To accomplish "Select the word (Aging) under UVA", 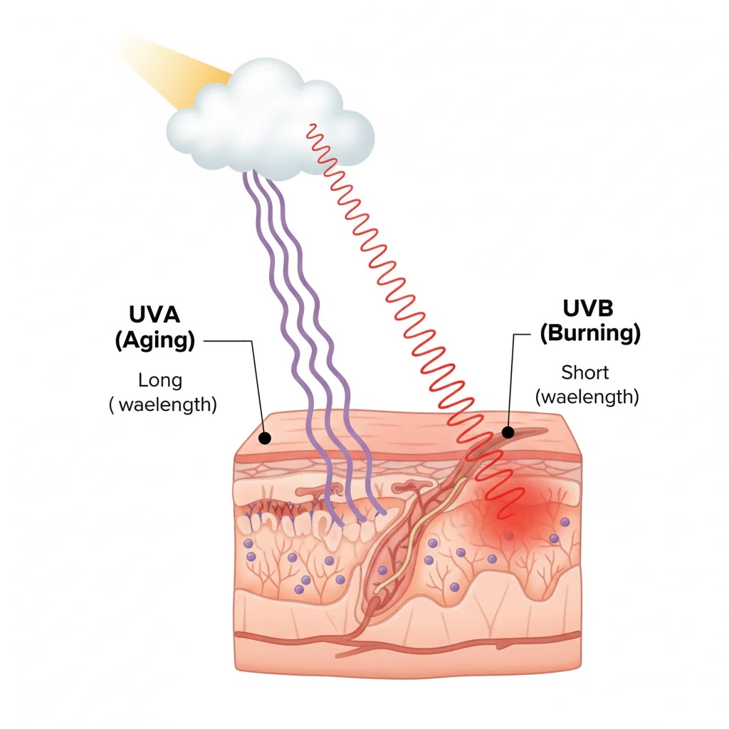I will coord(154,340).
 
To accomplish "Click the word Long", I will coord(160,380).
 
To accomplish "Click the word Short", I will coord(585,372).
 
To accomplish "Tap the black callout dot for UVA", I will coord(264,437).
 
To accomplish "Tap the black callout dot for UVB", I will coord(508,432).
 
